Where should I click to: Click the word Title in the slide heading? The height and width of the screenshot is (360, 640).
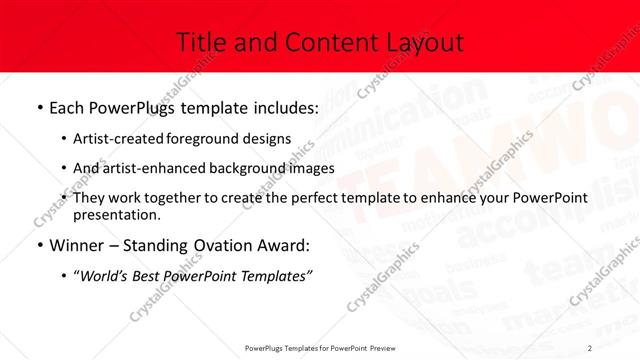click(199, 42)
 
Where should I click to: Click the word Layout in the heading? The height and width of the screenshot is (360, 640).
click(421, 42)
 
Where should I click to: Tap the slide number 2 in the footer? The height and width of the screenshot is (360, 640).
click(591, 347)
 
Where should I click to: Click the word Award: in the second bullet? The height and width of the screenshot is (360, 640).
click(283, 244)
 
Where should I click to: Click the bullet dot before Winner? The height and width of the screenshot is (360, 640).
click(38, 245)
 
